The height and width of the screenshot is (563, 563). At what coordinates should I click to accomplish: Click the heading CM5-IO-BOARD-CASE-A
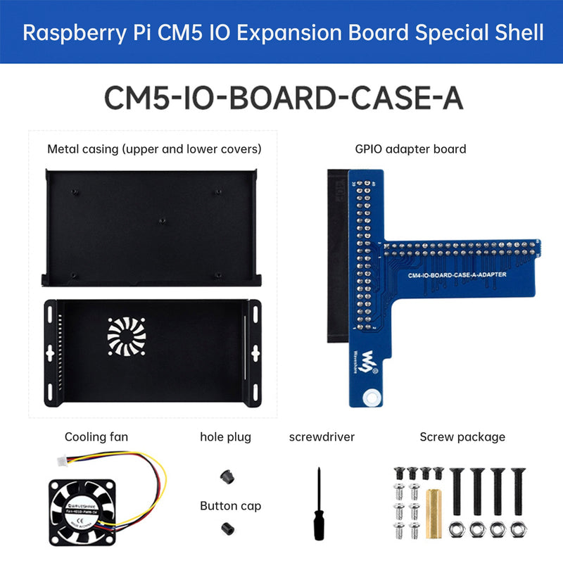(283, 98)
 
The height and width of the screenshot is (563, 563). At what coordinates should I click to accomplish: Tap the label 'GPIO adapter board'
(410, 148)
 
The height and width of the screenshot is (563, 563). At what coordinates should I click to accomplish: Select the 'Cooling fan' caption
(96, 437)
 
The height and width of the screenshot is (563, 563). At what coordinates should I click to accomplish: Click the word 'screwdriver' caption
(322, 437)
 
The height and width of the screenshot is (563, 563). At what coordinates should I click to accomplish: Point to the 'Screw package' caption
(462, 437)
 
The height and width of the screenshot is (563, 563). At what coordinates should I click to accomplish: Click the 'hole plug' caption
(225, 437)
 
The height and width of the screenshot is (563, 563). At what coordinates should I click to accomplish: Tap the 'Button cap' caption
(230, 505)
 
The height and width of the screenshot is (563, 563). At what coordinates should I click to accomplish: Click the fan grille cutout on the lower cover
(129, 339)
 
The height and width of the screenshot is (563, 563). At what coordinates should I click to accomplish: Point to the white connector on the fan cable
(62, 461)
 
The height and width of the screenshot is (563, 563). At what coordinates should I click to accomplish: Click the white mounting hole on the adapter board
(367, 400)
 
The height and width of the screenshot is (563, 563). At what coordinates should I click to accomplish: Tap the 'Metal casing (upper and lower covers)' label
(154, 148)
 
